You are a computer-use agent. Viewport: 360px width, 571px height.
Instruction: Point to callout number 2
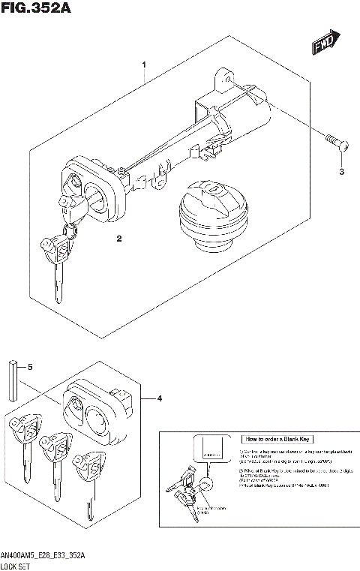point(118,239)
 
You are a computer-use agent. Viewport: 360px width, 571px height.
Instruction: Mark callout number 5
point(30,367)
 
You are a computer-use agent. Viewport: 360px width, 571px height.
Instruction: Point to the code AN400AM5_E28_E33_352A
point(43,554)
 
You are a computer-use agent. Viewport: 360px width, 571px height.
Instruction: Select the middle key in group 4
point(55,461)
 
